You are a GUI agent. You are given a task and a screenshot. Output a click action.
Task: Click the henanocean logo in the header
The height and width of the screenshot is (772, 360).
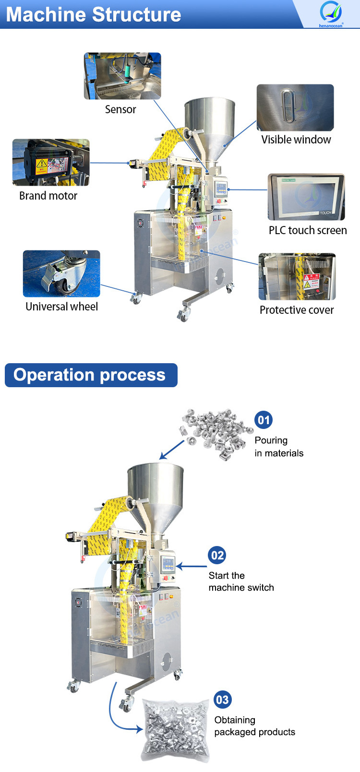tap(331, 13)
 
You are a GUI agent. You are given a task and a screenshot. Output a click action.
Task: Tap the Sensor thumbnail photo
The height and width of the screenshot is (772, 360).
tap(122, 76)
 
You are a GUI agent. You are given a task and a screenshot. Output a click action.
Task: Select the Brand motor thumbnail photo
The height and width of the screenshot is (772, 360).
tap(51, 162)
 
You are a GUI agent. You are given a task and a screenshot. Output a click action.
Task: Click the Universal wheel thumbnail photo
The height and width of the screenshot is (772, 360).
tap(61, 273)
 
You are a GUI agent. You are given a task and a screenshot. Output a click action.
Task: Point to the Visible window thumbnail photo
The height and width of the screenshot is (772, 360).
tap(295, 107)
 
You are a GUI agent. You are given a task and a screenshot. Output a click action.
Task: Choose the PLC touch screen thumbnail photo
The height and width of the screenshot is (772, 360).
tap(306, 197)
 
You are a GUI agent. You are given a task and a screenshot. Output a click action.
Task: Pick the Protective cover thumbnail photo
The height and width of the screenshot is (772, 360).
tap(297, 277)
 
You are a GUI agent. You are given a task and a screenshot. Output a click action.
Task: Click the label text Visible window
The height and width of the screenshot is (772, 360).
tap(296, 140)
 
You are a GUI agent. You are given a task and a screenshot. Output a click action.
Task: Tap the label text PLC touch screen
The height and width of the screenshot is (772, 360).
tap(308, 230)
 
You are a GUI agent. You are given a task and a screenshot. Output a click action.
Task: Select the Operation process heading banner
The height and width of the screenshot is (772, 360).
tap(91, 375)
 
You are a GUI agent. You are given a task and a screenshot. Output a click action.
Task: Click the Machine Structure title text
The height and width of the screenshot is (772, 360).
tap(94, 14)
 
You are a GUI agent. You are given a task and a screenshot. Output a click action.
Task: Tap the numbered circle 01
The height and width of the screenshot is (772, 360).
tap(264, 420)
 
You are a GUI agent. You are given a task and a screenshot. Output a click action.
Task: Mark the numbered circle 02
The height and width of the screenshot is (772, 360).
tap(217, 556)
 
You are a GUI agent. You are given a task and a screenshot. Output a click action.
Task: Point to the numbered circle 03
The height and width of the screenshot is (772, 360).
tap(222, 700)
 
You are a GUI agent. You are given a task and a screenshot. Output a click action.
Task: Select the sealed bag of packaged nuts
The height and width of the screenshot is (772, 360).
tap(176, 730)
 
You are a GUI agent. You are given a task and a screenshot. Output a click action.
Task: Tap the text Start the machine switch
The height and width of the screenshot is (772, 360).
tap(241, 582)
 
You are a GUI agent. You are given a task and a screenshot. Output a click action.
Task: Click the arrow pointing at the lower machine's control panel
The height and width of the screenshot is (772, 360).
tap(192, 567)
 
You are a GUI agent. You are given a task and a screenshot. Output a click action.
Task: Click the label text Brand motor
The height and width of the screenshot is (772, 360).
tap(48, 196)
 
